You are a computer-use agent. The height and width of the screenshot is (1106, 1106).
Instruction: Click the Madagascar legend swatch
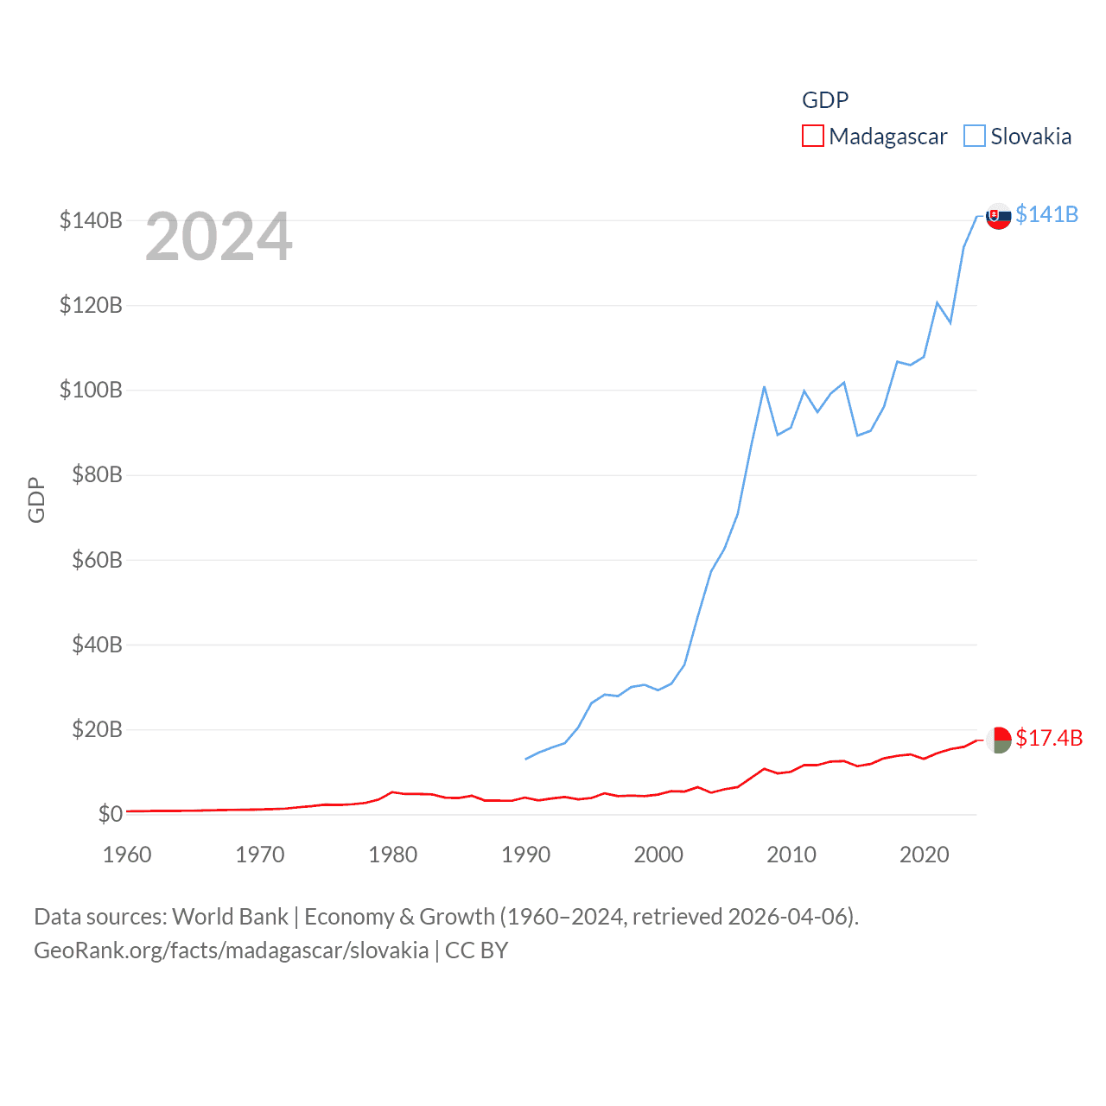[x=812, y=137]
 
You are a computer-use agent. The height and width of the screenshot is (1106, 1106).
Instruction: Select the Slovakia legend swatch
[x=974, y=137]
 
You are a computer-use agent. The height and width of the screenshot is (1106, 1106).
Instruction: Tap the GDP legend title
[x=825, y=100]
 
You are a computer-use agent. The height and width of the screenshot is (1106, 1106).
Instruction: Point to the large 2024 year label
[x=219, y=237]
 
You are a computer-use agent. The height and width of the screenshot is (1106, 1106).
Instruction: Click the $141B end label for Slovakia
[x=1046, y=214]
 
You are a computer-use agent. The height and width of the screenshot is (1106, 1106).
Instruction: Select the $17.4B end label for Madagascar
[x=1049, y=738]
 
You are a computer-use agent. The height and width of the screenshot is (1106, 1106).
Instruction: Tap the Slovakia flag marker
[x=999, y=216]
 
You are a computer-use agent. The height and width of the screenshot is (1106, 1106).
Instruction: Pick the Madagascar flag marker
[x=999, y=740]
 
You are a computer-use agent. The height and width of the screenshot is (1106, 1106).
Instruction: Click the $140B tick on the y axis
[x=91, y=220]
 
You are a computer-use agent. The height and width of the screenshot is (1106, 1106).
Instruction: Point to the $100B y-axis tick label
[x=91, y=390]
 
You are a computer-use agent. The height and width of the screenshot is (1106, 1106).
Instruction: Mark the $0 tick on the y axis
[x=110, y=814]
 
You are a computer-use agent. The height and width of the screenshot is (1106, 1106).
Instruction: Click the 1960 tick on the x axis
[x=127, y=855]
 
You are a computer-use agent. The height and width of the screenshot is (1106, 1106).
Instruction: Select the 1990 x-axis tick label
[x=525, y=855]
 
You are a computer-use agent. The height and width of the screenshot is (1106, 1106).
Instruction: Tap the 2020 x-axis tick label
[x=924, y=855]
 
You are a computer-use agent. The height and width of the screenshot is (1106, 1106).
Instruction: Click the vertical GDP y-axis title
[x=36, y=499]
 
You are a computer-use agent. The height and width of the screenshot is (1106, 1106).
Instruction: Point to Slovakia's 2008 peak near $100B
[x=764, y=387]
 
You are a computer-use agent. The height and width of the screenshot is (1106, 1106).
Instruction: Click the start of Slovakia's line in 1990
[x=525, y=759]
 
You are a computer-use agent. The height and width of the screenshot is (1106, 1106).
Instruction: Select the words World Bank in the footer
[x=230, y=916]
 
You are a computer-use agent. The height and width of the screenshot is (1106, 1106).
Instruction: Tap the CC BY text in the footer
[x=476, y=950]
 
